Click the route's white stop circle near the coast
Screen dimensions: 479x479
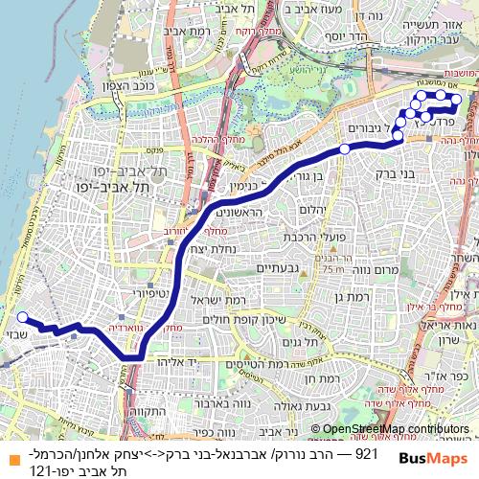[21, 317]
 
